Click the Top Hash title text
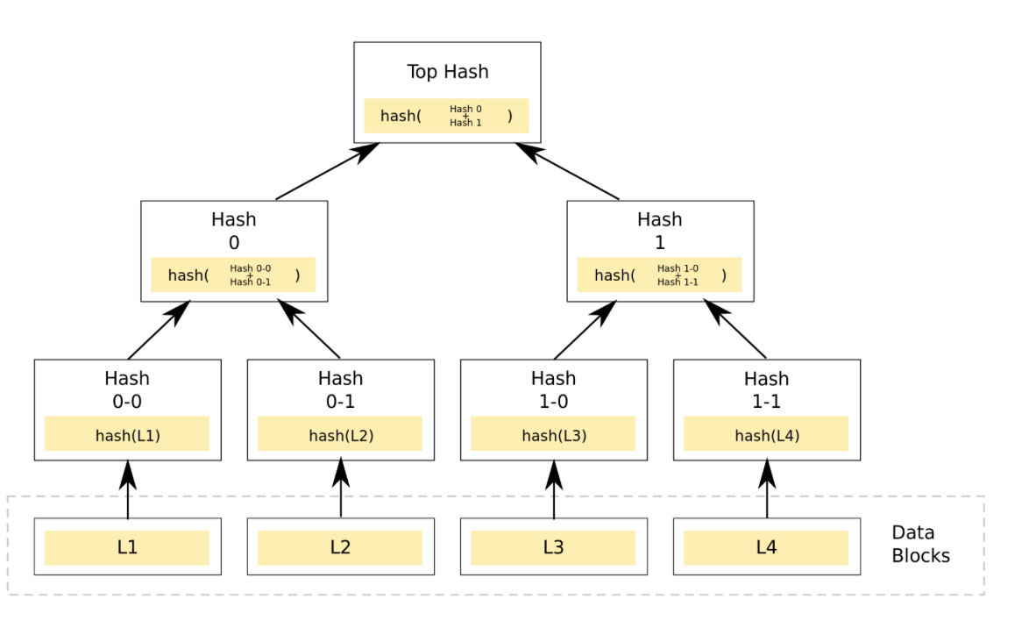(x=447, y=72)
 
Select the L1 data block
(x=127, y=547)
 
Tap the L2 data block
(x=340, y=547)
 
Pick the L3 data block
(x=553, y=547)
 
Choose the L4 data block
(x=766, y=547)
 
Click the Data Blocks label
(x=919, y=544)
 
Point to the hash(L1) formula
(x=127, y=435)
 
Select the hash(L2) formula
(x=340, y=435)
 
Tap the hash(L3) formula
(x=553, y=435)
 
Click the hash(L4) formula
(x=766, y=435)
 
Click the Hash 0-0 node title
(x=127, y=389)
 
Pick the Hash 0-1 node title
(x=340, y=389)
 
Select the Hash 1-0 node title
(x=553, y=389)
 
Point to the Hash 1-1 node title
(x=766, y=389)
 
